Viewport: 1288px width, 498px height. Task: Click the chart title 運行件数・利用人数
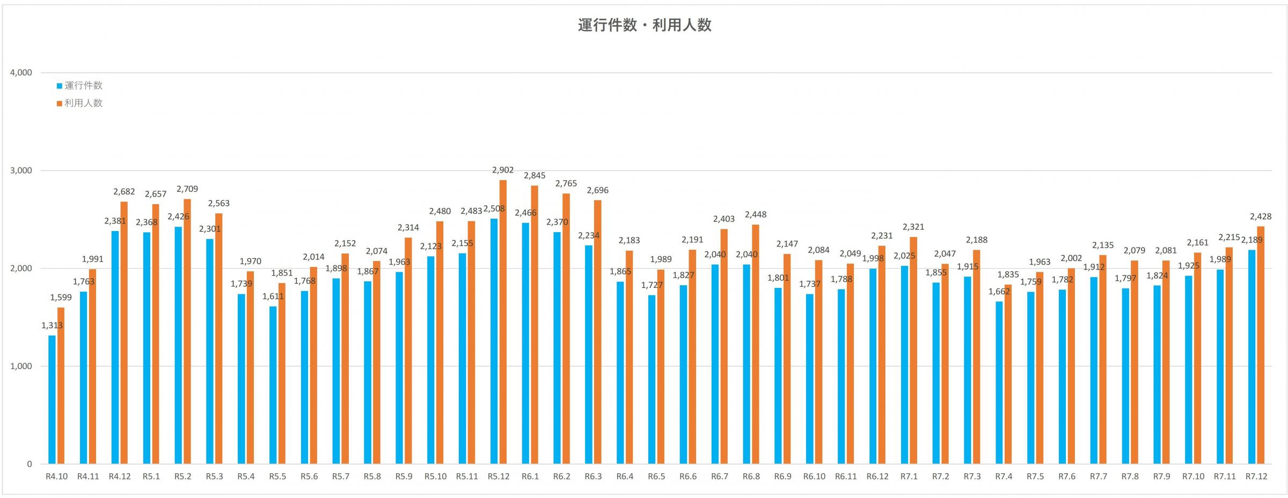pyautogui.click(x=644, y=25)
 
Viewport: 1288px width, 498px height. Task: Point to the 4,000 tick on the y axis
pyautogui.click(x=21, y=73)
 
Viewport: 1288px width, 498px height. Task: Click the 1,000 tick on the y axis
pyautogui.click(x=21, y=366)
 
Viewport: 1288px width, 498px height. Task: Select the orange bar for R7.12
pyautogui.click(x=1261, y=344)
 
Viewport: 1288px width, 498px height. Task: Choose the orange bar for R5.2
pyautogui.click(x=187, y=331)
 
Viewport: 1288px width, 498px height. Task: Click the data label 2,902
pyautogui.click(x=503, y=170)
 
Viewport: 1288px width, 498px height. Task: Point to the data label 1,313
pyautogui.click(x=52, y=326)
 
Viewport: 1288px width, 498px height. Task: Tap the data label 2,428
pyautogui.click(x=1261, y=217)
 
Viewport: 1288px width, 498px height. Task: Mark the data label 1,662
pyautogui.click(x=999, y=292)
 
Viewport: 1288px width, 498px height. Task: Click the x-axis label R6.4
pyautogui.click(x=625, y=477)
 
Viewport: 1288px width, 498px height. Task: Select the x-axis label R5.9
pyautogui.click(x=404, y=477)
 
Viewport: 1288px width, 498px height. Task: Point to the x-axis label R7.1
pyautogui.click(x=909, y=477)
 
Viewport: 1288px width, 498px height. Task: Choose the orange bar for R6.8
pyautogui.click(x=756, y=344)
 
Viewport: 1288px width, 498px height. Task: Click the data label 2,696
pyautogui.click(x=598, y=191)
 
